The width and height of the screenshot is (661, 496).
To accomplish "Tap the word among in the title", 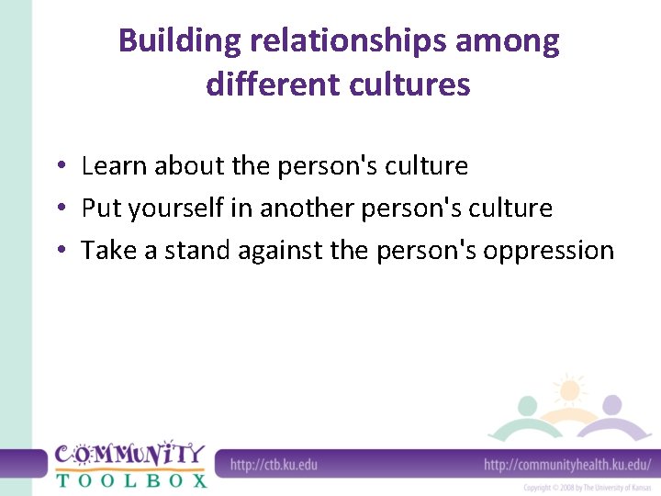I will pyautogui.click(x=514, y=42).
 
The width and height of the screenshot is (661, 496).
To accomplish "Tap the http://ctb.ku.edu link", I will pyautogui.click(x=274, y=465).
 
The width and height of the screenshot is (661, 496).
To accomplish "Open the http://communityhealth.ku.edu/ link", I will pyautogui.click(x=567, y=465).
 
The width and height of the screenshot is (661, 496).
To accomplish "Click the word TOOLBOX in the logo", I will pyautogui.click(x=131, y=479).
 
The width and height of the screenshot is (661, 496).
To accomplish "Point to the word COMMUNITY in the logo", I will pyautogui.click(x=129, y=455).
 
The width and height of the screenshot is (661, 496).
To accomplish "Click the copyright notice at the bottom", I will pyautogui.click(x=588, y=488).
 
